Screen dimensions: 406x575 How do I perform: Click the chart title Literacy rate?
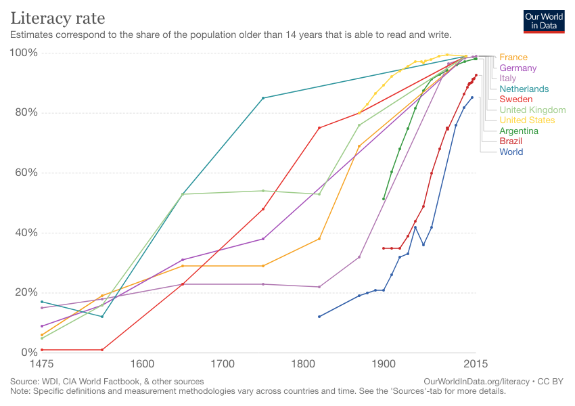57,16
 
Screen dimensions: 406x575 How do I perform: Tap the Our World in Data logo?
544,22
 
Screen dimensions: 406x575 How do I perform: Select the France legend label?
513,58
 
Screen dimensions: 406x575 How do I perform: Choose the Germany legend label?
518,68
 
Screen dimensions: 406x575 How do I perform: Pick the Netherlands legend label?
524,89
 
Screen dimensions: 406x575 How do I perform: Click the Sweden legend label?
516,99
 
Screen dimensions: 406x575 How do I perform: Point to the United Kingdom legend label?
532,110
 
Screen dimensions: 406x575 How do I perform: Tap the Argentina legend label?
519,131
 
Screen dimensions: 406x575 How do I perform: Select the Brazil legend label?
511,141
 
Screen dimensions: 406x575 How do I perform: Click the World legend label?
511,152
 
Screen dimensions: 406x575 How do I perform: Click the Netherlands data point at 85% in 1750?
263,98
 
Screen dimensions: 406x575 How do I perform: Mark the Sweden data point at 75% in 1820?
319,128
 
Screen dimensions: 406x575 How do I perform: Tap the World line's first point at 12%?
319,317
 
